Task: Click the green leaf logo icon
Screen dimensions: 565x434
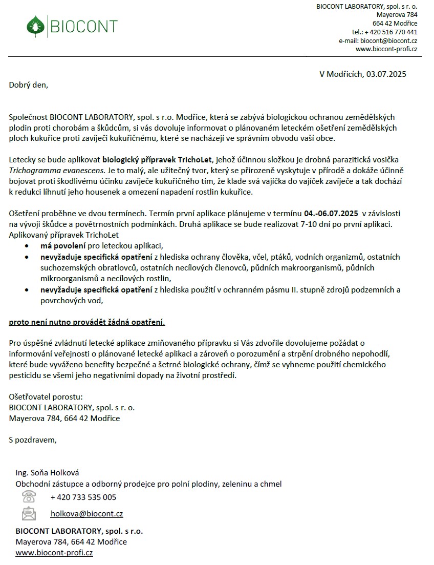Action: pos(35,26)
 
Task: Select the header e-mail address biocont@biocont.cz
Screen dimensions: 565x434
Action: pos(388,40)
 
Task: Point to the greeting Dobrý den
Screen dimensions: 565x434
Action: pos(28,85)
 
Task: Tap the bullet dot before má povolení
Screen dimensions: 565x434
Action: pos(27,246)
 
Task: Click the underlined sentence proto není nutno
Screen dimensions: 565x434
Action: pos(87,323)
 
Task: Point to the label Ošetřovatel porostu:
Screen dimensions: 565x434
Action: pos(46,396)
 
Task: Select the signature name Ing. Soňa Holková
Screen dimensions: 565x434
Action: pos(47,473)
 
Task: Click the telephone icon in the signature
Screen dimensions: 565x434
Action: pos(29,496)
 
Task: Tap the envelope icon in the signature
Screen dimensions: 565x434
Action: pos(29,513)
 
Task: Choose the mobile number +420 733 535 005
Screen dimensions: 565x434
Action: pos(83,497)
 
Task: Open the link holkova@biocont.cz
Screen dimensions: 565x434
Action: pos(86,514)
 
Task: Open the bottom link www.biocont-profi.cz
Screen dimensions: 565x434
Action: pos(54,553)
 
